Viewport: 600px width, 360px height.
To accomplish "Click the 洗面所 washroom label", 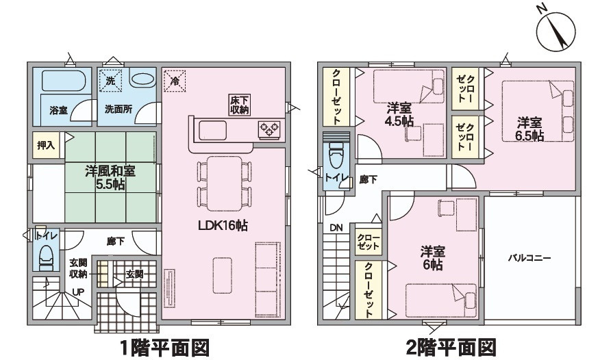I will [118, 110].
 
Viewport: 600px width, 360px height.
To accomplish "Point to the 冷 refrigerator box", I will [175, 80].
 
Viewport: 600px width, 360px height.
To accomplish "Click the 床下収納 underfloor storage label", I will [239, 105].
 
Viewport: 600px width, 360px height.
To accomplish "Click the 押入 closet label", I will [46, 146].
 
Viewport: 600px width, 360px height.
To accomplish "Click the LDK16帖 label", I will [225, 226].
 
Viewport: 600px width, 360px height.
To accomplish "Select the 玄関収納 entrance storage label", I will [79, 269].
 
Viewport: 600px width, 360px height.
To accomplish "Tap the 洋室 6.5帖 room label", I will [529, 129].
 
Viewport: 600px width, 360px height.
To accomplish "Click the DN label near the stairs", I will [336, 228].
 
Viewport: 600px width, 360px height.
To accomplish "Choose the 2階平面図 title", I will [448, 346].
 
